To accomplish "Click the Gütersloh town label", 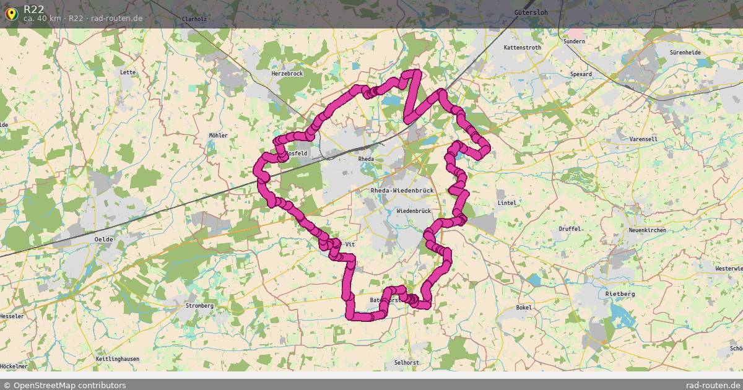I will [x=531, y=12].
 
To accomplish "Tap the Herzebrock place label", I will [x=287, y=73].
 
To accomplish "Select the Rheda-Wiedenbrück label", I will [x=402, y=191].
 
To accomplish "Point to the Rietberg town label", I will [x=620, y=293].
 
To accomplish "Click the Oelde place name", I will [x=103, y=239].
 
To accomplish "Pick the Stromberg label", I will [x=199, y=306].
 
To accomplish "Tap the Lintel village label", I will [x=506, y=203].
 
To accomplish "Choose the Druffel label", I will [x=570, y=229].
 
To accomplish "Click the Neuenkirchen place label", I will [x=647, y=230].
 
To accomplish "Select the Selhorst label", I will [x=406, y=362].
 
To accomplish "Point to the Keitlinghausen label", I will [x=118, y=359].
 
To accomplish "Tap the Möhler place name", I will [x=218, y=136].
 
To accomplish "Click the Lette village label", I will [x=128, y=72].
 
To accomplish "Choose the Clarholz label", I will [x=194, y=19].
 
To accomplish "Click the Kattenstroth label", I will [x=522, y=48].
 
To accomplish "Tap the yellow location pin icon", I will [x=11, y=13].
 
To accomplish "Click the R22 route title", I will [x=34, y=9].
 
